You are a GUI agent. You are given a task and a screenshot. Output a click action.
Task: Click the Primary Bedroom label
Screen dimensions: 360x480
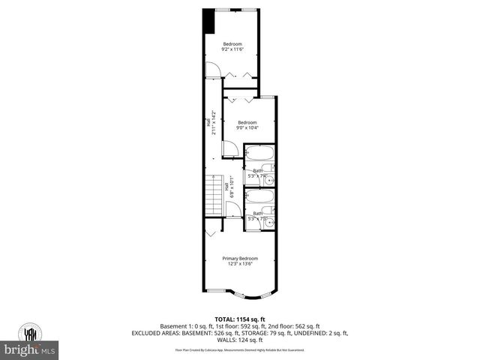tap(239, 258)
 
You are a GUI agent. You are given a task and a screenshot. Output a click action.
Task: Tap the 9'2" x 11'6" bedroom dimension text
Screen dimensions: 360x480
tap(232, 49)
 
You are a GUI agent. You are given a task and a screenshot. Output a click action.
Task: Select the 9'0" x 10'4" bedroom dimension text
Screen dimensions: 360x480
tap(247, 127)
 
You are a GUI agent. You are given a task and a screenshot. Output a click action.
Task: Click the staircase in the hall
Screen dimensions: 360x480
tap(216, 196)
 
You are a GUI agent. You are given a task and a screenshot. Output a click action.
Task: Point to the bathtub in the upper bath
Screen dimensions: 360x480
tap(259, 157)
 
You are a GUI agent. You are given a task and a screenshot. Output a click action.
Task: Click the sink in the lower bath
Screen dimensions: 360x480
tap(270, 222)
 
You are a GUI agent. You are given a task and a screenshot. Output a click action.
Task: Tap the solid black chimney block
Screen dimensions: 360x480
tap(209, 21)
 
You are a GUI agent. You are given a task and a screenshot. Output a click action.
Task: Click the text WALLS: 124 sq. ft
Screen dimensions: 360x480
tap(239, 340)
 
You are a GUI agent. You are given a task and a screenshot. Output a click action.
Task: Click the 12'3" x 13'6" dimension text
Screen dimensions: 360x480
tap(239, 263)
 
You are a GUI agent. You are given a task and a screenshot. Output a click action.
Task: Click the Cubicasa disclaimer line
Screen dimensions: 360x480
tap(239, 349)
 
